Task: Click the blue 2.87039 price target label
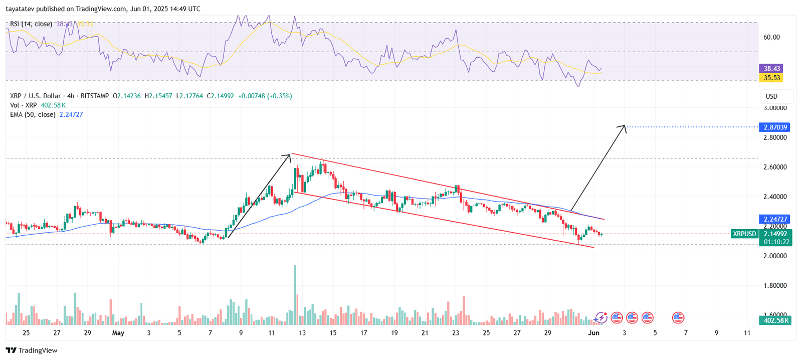coord(775,127)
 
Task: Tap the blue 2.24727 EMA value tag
coord(775,219)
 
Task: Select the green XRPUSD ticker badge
coord(744,234)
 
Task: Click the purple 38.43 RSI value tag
coord(771,68)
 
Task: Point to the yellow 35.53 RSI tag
coord(771,78)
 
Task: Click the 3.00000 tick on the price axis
coord(774,108)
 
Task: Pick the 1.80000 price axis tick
coord(774,286)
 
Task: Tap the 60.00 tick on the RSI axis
coord(771,37)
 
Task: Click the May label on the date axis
coord(118,333)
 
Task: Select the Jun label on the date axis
coord(593,333)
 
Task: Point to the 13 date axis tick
coord(302,333)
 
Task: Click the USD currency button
coord(771,96)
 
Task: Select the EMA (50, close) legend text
coord(33,115)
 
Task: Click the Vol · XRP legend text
coord(24,105)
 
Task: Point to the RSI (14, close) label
coord(31,24)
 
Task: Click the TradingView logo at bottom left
coord(32,350)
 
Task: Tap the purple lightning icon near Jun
coord(600,317)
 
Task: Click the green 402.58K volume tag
coord(775,320)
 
